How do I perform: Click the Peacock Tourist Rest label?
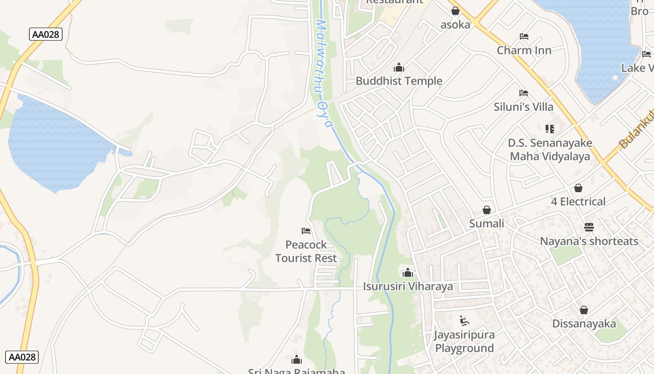coord(306,252)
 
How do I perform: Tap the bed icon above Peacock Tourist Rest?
coord(306,230)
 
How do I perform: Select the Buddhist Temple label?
coord(399,81)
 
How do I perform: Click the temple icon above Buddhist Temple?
coord(398,68)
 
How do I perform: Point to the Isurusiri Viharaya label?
coord(408,286)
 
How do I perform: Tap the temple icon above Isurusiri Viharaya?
coord(408,272)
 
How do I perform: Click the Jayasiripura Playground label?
coord(464,341)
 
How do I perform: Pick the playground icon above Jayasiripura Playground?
coord(464,321)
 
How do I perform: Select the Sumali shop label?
coord(486,223)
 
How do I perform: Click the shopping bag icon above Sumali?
coord(487,210)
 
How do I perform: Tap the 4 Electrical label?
coord(578,201)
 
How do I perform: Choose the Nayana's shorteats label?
coord(589,241)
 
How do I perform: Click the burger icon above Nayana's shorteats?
coord(589,228)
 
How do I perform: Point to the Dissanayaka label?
coord(584,324)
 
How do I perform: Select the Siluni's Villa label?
coord(524,107)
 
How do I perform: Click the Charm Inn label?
coord(524,50)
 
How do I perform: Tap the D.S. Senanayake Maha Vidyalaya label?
coord(550,150)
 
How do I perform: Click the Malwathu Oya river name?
coord(322,72)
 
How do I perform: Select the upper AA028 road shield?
coord(46,34)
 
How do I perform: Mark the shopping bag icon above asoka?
coord(455,11)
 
